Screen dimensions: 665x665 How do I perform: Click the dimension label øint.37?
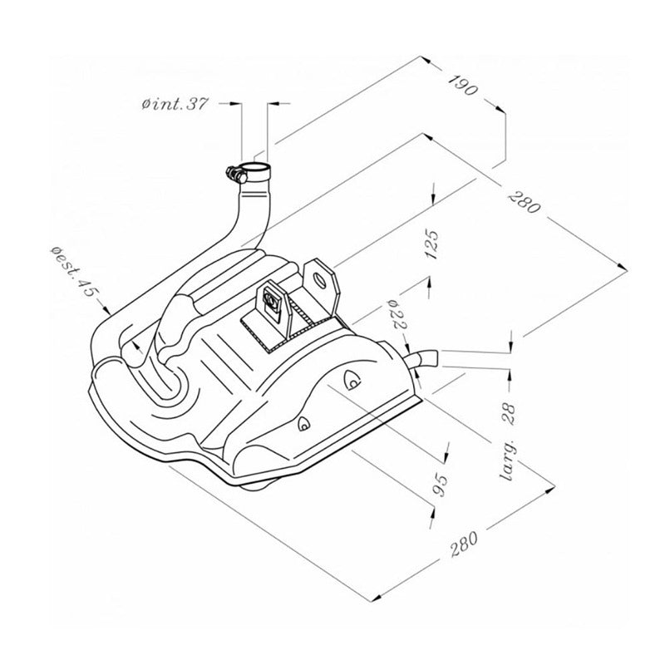tap(175, 104)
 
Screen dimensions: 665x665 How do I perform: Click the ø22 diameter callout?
tap(398, 316)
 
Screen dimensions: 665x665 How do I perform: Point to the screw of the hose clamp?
tap(230, 172)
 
